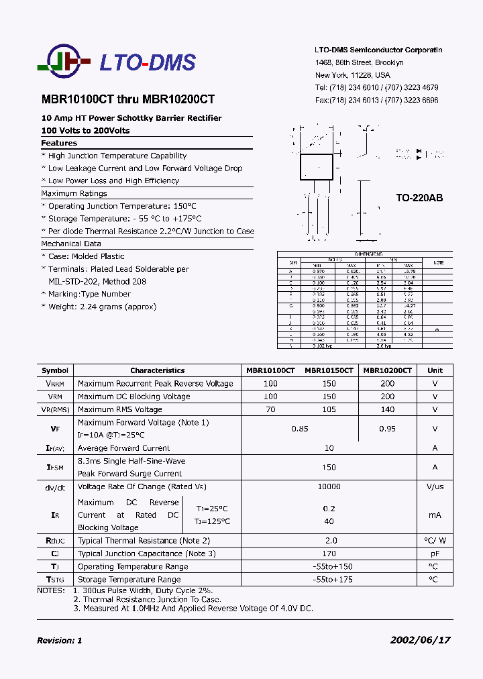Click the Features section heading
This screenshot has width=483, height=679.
(x=59, y=143)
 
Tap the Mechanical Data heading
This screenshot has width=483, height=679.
(x=71, y=244)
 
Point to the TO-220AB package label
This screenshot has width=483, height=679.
(x=419, y=198)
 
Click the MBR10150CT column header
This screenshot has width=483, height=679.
(x=329, y=370)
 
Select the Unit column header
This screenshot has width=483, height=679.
(x=435, y=370)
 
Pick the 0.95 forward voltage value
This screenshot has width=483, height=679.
(x=387, y=429)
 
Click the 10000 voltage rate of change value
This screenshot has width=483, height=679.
(x=329, y=486)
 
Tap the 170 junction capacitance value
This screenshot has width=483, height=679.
(x=329, y=554)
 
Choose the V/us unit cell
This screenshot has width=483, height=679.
(x=435, y=486)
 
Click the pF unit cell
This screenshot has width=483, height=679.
(x=435, y=554)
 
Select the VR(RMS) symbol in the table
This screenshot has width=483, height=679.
(x=55, y=409)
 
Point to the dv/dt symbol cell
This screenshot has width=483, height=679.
(x=55, y=487)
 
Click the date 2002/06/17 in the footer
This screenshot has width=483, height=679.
(x=420, y=640)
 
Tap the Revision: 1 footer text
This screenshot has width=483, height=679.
(x=59, y=641)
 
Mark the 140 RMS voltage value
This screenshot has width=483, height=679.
(x=387, y=409)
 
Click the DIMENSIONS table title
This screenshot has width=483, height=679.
(x=369, y=254)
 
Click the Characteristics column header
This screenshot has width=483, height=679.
(x=157, y=370)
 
